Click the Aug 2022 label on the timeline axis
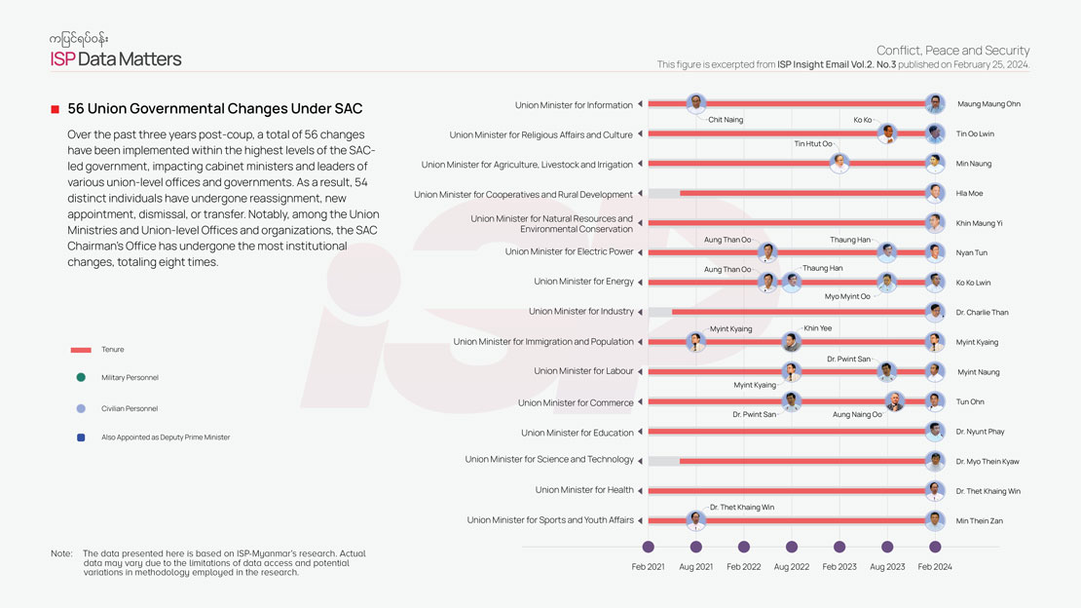[x=792, y=566]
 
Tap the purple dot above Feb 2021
[x=649, y=547]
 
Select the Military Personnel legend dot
[x=81, y=377]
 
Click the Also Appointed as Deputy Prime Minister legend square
[x=81, y=437]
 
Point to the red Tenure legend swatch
[x=81, y=349]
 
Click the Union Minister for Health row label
[x=584, y=490]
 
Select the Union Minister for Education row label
[x=577, y=433]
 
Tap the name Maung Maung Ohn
[x=988, y=104]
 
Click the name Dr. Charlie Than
[x=982, y=313]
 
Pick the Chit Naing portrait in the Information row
[x=695, y=103]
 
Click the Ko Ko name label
[x=862, y=120]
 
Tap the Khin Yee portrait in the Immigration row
[x=792, y=342]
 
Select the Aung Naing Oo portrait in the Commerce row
[x=895, y=401]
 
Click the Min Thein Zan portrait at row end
[x=935, y=520]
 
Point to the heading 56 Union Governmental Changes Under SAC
[x=214, y=109]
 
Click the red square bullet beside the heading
[x=56, y=109]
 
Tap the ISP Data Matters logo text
[x=116, y=59]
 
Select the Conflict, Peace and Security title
[x=952, y=51]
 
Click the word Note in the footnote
[x=61, y=553]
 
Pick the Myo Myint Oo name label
[x=847, y=296]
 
